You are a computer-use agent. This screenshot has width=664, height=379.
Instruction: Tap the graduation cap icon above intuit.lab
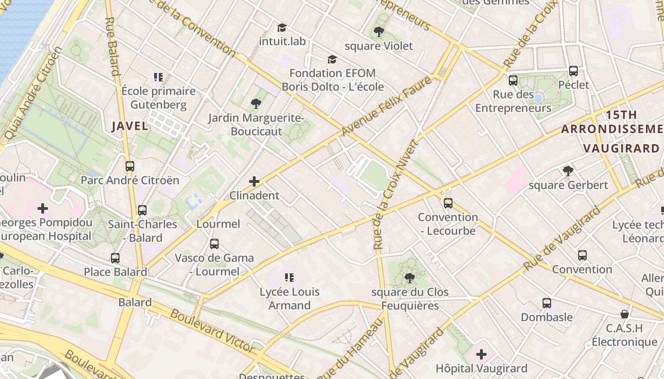coord(282,28)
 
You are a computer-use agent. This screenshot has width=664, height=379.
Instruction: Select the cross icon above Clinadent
coord(254,181)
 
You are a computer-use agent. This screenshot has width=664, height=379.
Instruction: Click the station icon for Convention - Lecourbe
coord(448,203)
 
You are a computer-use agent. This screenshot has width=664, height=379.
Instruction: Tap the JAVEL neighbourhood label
coord(130,126)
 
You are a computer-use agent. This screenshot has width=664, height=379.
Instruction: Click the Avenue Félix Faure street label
coord(387,106)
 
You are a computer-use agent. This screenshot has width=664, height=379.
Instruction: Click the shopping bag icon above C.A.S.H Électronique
coord(625,314)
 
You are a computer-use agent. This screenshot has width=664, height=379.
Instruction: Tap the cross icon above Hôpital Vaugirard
coord(481,354)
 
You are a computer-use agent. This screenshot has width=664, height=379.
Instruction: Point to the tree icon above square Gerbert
coord(568,171)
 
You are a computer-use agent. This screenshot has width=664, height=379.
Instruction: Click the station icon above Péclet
coord(573,71)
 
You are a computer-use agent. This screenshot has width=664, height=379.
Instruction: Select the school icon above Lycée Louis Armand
coord(289,278)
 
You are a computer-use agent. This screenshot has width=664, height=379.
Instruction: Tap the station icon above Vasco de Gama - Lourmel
coord(214,244)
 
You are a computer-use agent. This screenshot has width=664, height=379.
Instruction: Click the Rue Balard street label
coord(112,46)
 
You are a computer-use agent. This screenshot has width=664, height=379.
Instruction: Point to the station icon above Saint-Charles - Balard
coord(142,210)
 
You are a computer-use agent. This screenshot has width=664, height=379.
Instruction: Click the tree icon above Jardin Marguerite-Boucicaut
coord(256,103)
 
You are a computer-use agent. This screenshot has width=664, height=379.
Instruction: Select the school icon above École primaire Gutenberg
coord(158,77)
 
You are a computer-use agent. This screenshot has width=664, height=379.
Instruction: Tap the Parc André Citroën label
coord(130,180)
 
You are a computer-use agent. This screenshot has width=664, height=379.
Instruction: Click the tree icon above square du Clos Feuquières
coord(410,278)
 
